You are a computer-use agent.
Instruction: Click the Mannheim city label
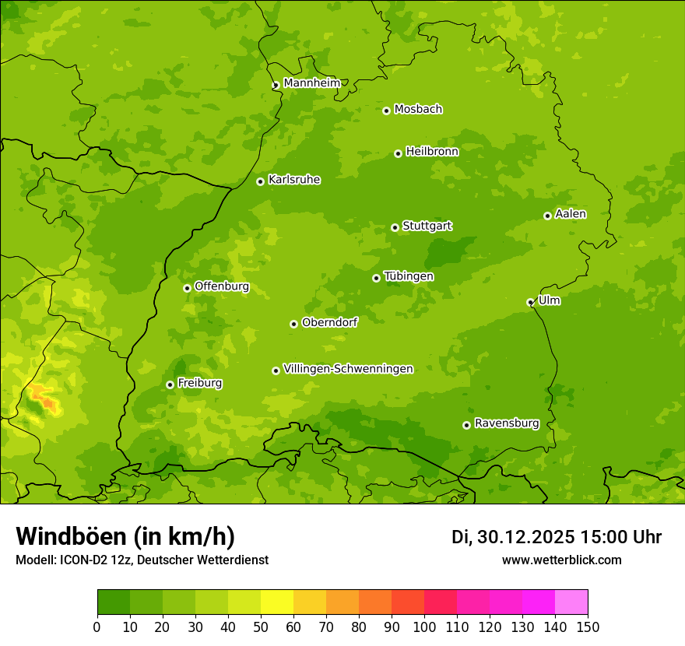(x=311, y=83)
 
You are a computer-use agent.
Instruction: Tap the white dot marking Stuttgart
(x=395, y=227)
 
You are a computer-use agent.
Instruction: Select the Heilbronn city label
(x=432, y=152)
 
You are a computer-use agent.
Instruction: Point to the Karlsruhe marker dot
(x=260, y=181)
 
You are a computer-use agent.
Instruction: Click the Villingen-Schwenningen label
(x=348, y=369)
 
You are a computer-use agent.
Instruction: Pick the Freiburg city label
(x=199, y=383)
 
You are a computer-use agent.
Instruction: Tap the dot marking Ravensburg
(x=466, y=425)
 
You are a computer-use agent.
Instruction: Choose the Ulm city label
(x=549, y=300)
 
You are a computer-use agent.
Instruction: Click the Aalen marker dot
(x=547, y=216)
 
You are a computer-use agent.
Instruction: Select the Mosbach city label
(x=418, y=110)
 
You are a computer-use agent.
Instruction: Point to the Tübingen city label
(x=409, y=276)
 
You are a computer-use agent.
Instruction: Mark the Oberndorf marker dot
(x=293, y=324)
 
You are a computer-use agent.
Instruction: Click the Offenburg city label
(x=222, y=286)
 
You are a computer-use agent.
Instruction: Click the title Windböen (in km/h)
(x=125, y=536)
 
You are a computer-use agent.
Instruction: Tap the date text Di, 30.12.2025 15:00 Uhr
(x=557, y=537)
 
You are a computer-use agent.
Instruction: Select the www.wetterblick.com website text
(x=561, y=560)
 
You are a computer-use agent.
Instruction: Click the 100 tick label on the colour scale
(x=424, y=627)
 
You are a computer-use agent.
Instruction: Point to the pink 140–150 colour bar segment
(x=571, y=602)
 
